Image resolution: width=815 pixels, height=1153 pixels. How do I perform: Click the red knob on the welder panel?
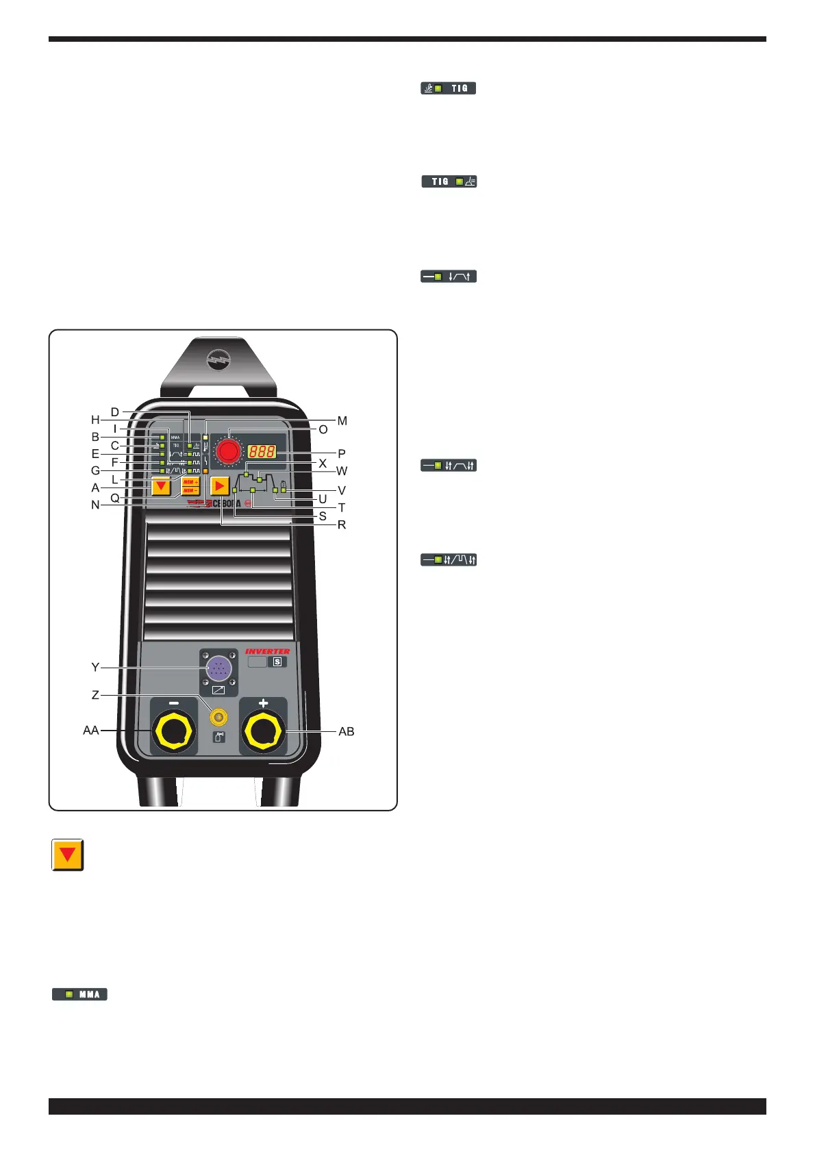pyautogui.click(x=227, y=451)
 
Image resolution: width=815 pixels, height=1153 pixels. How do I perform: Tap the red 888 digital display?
pyautogui.click(x=262, y=452)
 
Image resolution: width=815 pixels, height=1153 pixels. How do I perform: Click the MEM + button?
pyautogui.click(x=190, y=482)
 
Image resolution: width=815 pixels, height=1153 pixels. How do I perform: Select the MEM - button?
pyautogui.click(x=190, y=490)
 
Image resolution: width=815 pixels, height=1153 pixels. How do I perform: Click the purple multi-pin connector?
pyautogui.click(x=218, y=667)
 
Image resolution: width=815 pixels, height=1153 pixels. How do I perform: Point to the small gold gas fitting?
pyautogui.click(x=218, y=717)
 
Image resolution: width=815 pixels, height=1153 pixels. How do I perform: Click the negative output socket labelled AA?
pyautogui.click(x=174, y=732)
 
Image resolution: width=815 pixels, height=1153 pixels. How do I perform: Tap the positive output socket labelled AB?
pyautogui.click(x=263, y=732)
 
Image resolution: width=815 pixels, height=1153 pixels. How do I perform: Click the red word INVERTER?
pyautogui.click(x=267, y=651)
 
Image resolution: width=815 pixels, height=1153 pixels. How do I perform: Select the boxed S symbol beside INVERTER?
pyautogui.click(x=277, y=662)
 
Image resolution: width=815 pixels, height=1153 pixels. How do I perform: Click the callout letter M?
pyautogui.click(x=342, y=421)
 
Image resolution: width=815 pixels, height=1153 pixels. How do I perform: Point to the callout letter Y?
pyautogui.click(x=95, y=667)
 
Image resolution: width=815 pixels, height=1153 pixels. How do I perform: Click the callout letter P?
pyautogui.click(x=342, y=453)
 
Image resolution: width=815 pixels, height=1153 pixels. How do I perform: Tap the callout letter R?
pyautogui.click(x=342, y=525)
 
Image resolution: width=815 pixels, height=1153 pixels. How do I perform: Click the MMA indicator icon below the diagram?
pyautogui.click(x=80, y=994)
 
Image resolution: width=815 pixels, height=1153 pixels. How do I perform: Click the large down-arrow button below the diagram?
pyautogui.click(x=68, y=854)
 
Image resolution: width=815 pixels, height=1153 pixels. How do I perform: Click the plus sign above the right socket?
pyautogui.click(x=263, y=703)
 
